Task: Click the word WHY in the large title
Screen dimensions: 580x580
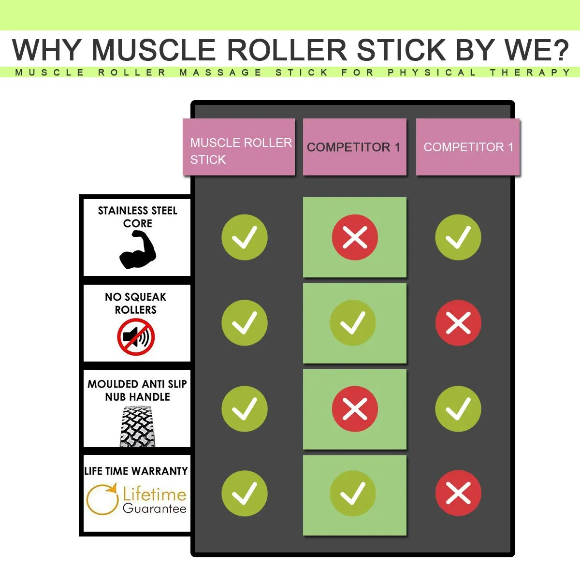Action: pyautogui.click(x=47, y=50)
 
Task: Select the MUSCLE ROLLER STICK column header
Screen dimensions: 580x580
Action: pyautogui.click(x=239, y=147)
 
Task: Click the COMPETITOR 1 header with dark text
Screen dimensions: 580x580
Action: pyautogui.click(x=354, y=147)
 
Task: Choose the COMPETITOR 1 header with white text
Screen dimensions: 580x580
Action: pyautogui.click(x=468, y=147)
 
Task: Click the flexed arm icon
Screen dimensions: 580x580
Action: pyautogui.click(x=138, y=249)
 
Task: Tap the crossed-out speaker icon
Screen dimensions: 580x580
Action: pyautogui.click(x=136, y=337)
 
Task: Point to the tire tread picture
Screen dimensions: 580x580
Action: pyautogui.click(x=137, y=426)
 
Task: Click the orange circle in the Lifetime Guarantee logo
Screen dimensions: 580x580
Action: pyautogui.click(x=102, y=499)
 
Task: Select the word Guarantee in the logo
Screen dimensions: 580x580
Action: pyautogui.click(x=154, y=508)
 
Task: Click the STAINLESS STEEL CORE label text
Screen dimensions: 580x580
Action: pyautogui.click(x=137, y=217)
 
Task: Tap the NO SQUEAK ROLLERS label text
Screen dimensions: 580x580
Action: pyautogui.click(x=136, y=303)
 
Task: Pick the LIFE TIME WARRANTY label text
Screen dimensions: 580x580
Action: pyautogui.click(x=136, y=471)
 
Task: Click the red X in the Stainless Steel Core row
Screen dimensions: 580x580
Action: pyautogui.click(x=355, y=237)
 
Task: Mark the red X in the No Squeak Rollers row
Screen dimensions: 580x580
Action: pyautogui.click(x=458, y=323)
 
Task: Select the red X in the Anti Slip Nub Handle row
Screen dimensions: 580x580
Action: pyautogui.click(x=355, y=409)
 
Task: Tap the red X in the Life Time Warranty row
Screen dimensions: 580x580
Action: pyautogui.click(x=458, y=493)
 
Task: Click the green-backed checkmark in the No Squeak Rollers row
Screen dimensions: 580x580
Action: pyautogui.click(x=353, y=323)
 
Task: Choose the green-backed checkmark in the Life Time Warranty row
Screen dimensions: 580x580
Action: pyautogui.click(x=353, y=493)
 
